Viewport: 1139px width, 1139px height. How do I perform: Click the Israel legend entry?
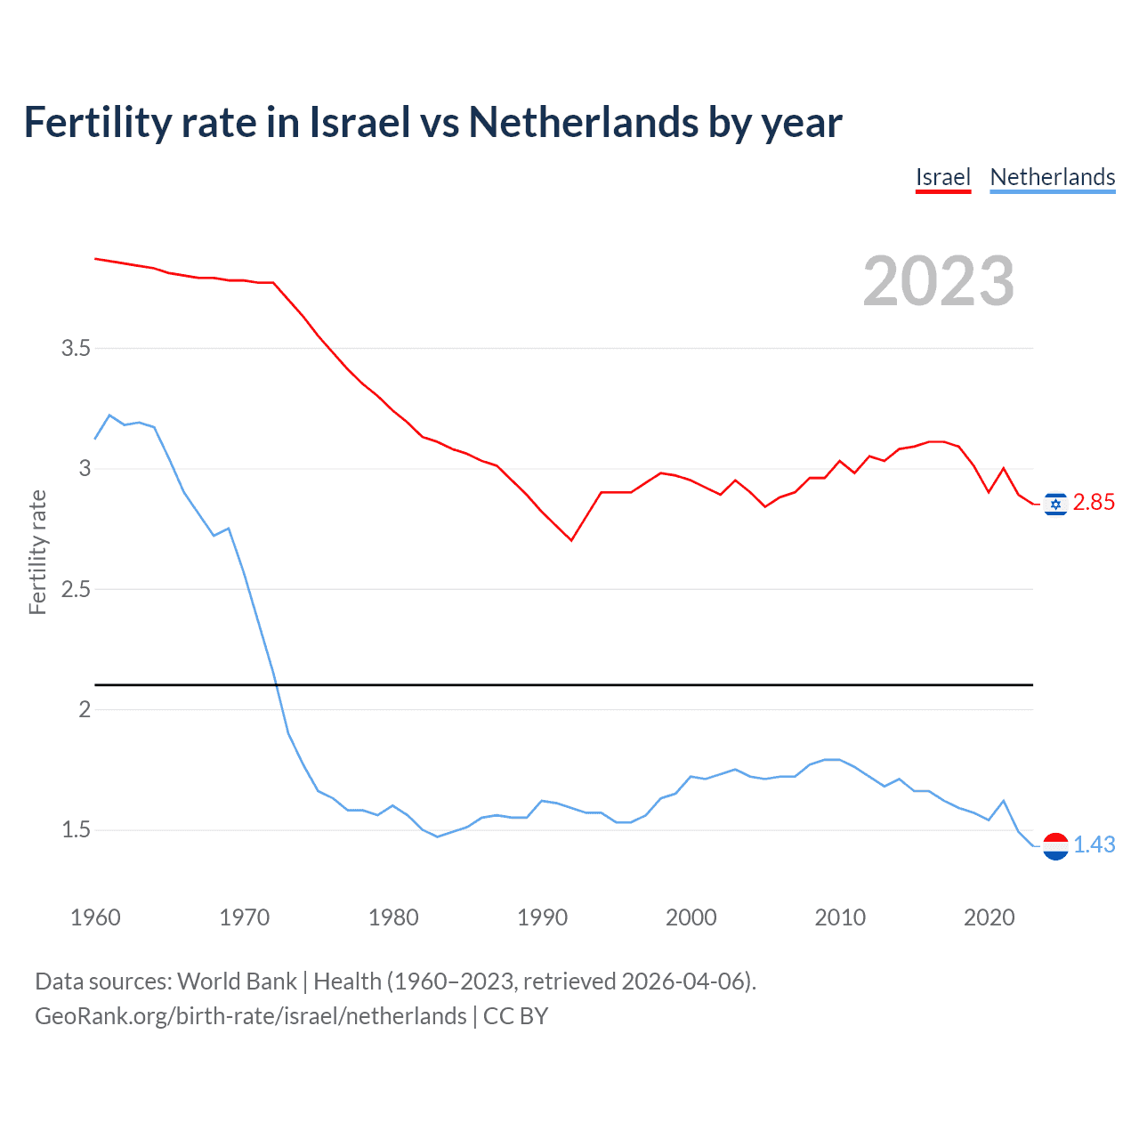coord(942,177)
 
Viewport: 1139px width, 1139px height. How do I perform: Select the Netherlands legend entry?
coord(1052,177)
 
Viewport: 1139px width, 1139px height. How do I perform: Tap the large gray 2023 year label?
coord(938,281)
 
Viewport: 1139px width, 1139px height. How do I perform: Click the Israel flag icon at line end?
coord(1055,504)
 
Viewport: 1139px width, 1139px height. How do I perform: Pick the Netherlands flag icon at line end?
coord(1055,845)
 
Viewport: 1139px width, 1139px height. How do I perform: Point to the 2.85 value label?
coord(1094,503)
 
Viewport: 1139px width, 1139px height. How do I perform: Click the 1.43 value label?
coord(1094,844)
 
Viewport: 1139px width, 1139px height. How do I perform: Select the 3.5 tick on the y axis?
coord(77,348)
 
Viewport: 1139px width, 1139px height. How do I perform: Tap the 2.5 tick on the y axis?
coord(77,589)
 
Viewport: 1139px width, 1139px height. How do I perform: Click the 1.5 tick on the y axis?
coord(77,830)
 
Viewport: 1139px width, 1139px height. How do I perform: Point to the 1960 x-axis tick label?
coord(95,917)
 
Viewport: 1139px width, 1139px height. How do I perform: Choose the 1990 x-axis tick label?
coord(542,917)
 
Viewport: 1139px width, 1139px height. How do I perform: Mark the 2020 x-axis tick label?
coord(989,917)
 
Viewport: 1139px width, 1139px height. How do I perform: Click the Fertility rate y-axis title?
coord(37,552)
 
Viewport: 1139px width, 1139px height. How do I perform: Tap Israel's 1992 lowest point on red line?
coord(571,540)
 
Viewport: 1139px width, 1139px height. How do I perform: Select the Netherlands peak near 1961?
coord(109,415)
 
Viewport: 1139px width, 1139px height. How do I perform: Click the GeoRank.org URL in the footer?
coord(250,1016)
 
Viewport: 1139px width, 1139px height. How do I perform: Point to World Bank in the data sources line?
coord(237,981)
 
